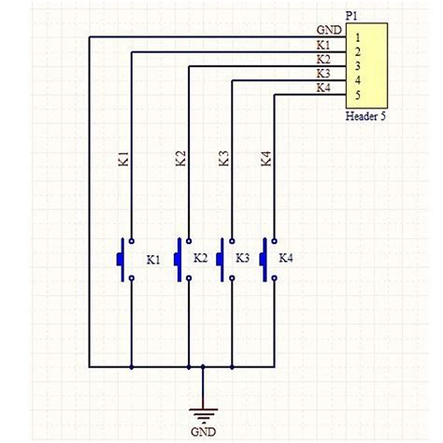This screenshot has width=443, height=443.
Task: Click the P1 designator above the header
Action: (351, 16)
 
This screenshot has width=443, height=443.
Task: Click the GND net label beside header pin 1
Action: (327, 31)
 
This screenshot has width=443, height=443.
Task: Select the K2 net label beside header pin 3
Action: (323, 60)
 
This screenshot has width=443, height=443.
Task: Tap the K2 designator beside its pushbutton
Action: (200, 258)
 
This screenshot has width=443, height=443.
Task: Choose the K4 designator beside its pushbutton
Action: (286, 258)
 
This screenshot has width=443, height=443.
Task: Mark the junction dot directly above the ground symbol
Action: (203, 367)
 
